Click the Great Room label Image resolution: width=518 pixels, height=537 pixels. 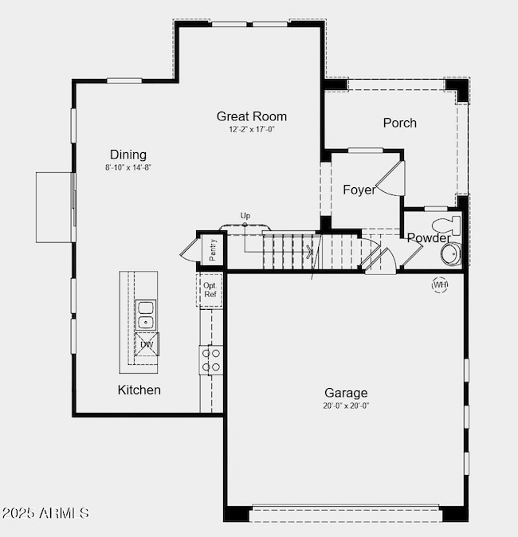point(251,116)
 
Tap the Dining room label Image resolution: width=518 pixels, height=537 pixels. point(128,155)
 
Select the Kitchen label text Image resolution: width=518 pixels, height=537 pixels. point(139,390)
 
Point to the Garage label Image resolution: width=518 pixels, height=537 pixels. point(346,393)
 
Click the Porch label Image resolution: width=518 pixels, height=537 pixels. point(399,123)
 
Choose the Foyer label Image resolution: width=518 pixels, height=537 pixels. point(359,190)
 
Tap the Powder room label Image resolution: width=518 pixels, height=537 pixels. point(428,238)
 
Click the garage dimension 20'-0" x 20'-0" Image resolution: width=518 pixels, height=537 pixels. point(346,406)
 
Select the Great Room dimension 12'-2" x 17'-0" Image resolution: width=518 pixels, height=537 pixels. point(251,129)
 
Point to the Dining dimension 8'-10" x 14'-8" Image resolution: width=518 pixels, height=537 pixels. point(128,167)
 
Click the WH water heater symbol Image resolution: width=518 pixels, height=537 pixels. point(440,284)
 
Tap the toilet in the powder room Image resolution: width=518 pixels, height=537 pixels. point(444,223)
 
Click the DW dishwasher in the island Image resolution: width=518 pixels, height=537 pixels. point(147,344)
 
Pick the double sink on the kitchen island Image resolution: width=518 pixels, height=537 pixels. point(146,315)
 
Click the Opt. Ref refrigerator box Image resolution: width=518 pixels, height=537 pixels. point(210,290)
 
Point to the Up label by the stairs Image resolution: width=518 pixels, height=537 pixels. point(245,216)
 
